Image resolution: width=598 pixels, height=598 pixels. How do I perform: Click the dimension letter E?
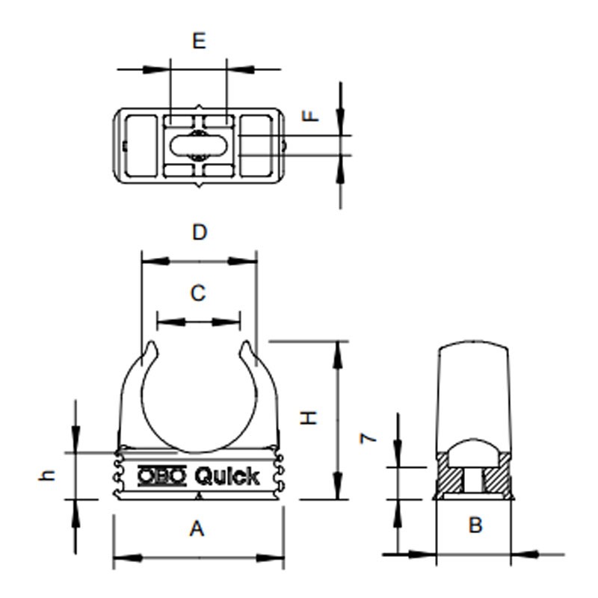198,41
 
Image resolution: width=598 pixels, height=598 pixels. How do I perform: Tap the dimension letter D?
198,232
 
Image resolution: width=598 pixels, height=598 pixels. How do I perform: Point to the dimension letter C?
197,293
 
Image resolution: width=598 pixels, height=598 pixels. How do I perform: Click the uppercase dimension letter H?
309,418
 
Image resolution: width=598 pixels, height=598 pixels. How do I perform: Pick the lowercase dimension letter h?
48,475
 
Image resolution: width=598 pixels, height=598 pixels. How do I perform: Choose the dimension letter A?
197,529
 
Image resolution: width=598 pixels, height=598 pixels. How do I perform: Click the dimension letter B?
475,525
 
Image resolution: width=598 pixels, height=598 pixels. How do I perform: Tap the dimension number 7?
367,438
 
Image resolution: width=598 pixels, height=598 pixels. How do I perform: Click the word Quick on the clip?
227,476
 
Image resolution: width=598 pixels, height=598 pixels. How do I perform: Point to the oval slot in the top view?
198,145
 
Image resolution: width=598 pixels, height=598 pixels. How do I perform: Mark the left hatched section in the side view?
449,478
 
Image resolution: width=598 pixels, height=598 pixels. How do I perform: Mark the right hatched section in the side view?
499,478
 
